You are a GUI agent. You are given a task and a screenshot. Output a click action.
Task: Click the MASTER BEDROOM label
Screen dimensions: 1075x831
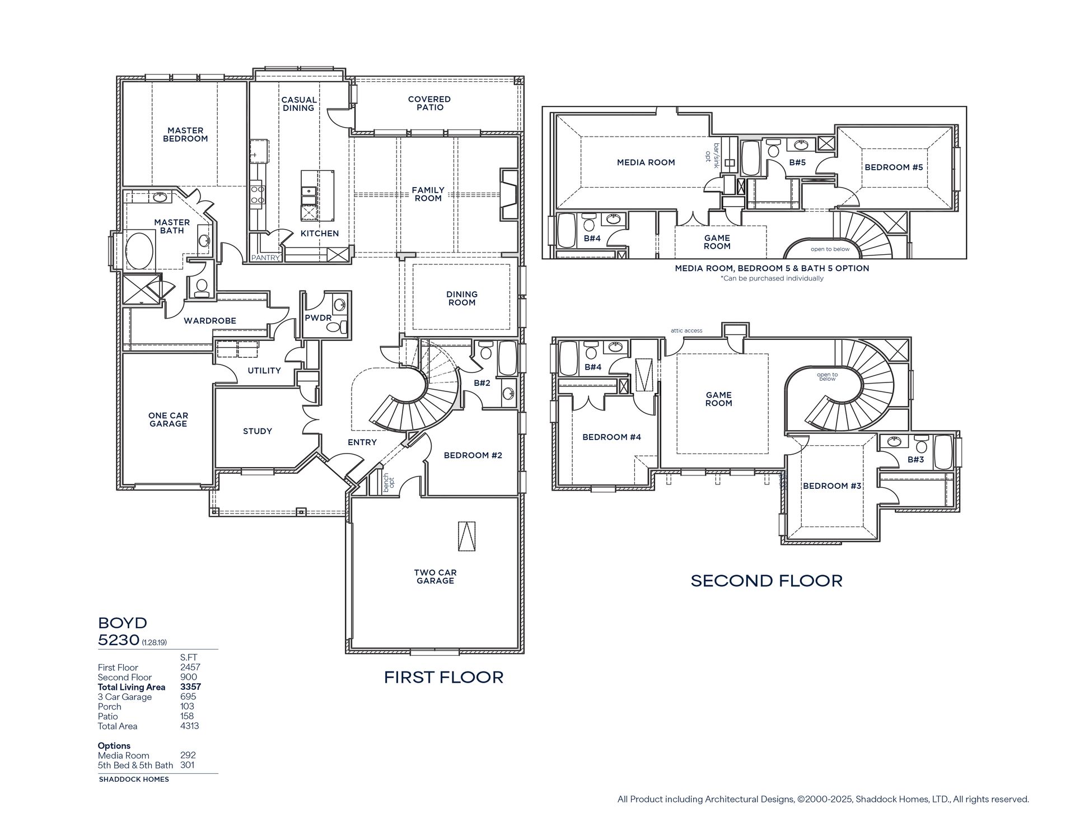pos(185,134)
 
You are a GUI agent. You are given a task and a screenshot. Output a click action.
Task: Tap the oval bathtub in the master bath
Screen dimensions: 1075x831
pos(139,251)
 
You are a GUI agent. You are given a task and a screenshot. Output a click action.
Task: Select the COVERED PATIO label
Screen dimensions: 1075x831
pos(429,103)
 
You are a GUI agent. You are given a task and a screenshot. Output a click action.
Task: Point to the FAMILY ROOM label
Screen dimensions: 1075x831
pos(428,194)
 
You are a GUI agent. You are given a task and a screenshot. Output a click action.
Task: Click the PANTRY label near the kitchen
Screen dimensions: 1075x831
pos(265,258)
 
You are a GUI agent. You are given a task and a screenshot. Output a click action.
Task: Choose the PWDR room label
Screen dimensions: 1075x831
pos(319,318)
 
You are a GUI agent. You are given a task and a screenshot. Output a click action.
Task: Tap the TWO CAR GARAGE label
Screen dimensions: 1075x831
pos(436,576)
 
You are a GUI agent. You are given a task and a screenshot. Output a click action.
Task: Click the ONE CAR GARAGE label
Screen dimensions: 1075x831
pos(168,419)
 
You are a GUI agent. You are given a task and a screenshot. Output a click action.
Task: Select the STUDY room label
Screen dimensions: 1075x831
pos(258,431)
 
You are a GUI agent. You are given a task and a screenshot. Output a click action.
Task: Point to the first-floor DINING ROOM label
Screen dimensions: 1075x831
pos(462,298)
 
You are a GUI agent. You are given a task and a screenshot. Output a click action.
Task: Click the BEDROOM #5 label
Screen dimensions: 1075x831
pos(894,167)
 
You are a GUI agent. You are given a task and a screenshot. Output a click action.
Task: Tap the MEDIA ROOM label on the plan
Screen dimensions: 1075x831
pos(646,162)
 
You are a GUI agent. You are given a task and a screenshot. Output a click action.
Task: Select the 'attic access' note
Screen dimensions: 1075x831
pos(686,330)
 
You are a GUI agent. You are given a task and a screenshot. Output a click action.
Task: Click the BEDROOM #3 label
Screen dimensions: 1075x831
pos(832,485)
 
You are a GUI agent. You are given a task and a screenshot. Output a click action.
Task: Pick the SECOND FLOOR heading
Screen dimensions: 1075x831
pos(766,581)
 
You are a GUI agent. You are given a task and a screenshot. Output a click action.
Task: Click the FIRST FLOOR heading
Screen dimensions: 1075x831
pos(443,677)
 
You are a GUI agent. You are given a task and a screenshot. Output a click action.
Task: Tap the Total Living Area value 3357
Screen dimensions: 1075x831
pos(190,687)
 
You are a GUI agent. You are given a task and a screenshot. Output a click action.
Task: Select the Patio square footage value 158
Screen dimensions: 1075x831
pos(187,716)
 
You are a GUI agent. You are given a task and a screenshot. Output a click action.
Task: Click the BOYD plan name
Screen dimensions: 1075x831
pos(123,623)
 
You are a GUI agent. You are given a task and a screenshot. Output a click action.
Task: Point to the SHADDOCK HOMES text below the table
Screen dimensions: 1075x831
pos(134,779)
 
